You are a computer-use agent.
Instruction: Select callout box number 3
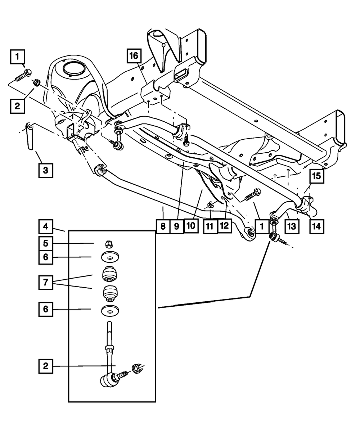(x=45, y=170)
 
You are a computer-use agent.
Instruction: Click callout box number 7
(x=45, y=283)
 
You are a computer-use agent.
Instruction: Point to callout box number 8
(x=163, y=226)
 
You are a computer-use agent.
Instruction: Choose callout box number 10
(x=190, y=226)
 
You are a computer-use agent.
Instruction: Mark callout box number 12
(x=225, y=226)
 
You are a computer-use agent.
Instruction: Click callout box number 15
(x=316, y=176)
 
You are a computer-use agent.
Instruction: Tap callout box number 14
(x=316, y=226)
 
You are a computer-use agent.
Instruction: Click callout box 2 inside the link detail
(x=45, y=366)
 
